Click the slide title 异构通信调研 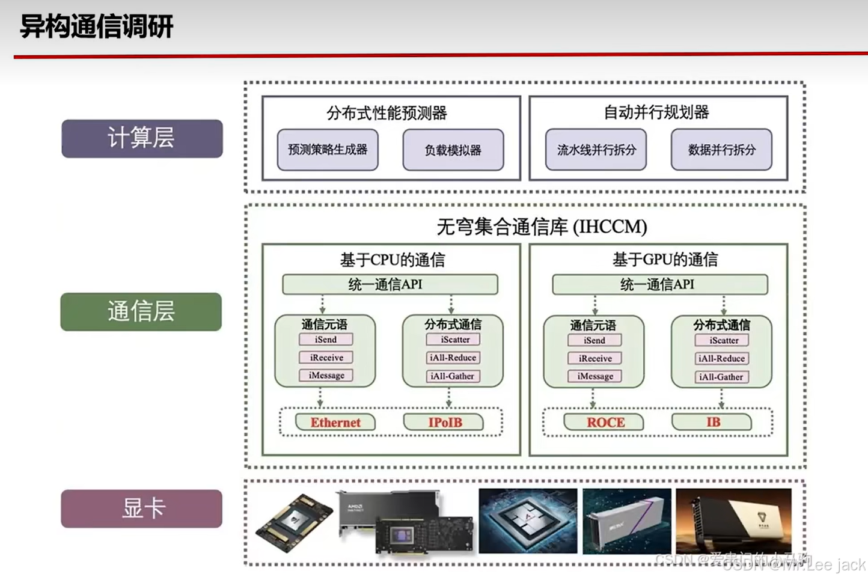(x=97, y=27)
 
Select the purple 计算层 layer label (x=142, y=138)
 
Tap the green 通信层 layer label (x=141, y=311)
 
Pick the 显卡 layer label (x=142, y=508)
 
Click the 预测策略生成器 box (x=328, y=150)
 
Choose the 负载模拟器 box (x=453, y=150)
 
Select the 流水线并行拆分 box (x=596, y=150)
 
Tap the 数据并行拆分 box (x=721, y=150)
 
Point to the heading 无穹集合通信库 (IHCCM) (x=542, y=227)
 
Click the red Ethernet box (x=335, y=423)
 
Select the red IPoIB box (x=445, y=423)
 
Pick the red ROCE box (x=605, y=423)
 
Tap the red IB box (x=712, y=422)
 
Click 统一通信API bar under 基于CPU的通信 (x=390, y=284)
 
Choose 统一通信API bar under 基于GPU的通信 (x=659, y=284)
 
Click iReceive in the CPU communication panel (x=326, y=358)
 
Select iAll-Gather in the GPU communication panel (x=721, y=377)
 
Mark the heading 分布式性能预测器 (x=387, y=113)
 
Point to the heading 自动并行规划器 (x=656, y=112)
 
